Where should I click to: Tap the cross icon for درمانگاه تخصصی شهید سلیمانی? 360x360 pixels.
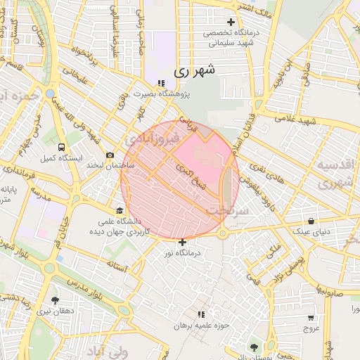tap(231, 22)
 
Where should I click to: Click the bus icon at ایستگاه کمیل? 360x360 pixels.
tap(63, 148)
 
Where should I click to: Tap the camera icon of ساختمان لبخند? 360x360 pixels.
tap(109, 155)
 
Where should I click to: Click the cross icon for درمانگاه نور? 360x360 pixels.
tap(183, 243)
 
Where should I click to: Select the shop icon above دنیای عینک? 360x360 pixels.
tap(310, 220)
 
